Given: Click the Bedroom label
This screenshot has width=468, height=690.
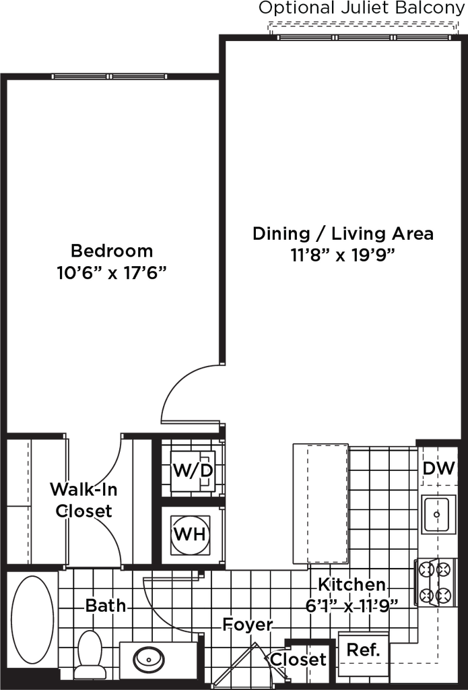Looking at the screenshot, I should [112, 251].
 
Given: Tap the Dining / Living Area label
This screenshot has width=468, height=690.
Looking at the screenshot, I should [344, 234].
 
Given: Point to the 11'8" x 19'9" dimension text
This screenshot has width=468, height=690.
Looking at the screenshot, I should [343, 256].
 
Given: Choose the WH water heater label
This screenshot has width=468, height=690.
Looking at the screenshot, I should [189, 534].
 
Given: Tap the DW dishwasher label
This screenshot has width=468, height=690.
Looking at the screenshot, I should [438, 468].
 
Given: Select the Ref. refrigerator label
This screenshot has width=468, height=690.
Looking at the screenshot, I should [364, 650].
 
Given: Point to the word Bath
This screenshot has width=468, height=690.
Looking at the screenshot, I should [105, 605].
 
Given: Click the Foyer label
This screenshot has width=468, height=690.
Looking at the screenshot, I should [248, 625].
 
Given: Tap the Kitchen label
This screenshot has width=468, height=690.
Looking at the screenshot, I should [352, 584].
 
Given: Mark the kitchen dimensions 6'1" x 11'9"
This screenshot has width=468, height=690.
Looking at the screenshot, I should [350, 605].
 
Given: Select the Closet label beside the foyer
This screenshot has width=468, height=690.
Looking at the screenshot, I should [298, 660].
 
